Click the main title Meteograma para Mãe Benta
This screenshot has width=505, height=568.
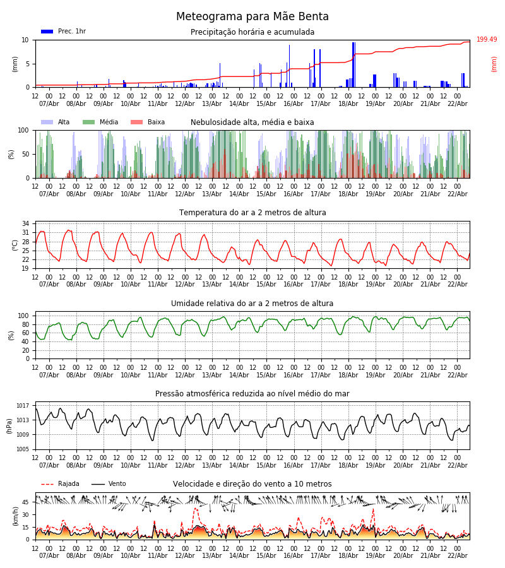coord(252,17)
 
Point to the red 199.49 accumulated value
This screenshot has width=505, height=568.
coord(487,40)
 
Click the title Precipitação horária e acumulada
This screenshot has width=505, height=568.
coord(252,32)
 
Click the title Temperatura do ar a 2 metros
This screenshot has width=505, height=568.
coord(252,213)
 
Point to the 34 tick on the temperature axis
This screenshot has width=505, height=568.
coord(25,224)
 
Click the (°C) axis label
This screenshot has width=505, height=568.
coord(15,244)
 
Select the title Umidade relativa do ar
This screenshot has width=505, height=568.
coord(252,304)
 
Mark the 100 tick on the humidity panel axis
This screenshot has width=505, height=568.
coord(23,316)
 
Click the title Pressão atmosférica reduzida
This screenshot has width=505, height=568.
coord(252,394)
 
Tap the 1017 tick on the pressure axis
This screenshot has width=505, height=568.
coord(23,406)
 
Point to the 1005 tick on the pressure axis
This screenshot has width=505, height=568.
coord(23,449)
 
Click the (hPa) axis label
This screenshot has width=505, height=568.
coord(9,425)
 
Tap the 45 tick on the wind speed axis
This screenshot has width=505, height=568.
coord(25,502)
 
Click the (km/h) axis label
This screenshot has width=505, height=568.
coord(15,516)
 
